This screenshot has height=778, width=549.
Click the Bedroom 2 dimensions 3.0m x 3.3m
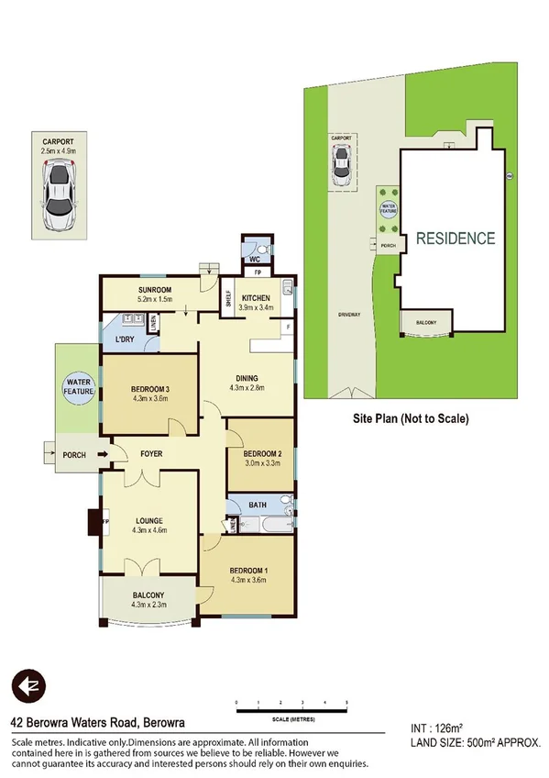(260, 464)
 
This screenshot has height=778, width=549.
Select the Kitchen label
(256, 298)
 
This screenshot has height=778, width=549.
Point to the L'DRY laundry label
(126, 339)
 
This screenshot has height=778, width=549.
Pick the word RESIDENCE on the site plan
(456, 239)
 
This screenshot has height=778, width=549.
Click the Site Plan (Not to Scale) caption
(411, 418)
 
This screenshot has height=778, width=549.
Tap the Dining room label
(246, 377)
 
